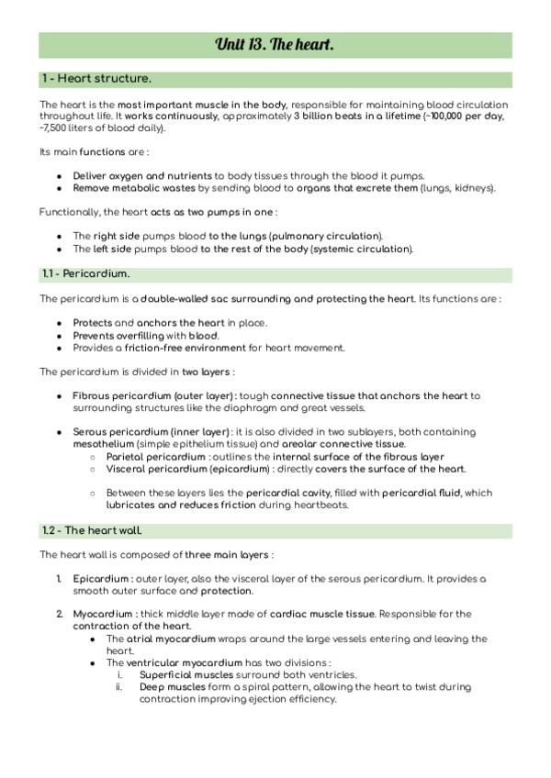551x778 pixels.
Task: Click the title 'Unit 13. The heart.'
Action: (275, 45)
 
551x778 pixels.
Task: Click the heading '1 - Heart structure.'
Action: (96, 79)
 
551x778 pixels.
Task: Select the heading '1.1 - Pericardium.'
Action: (86, 274)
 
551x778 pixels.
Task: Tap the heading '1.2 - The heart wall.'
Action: (92, 531)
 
